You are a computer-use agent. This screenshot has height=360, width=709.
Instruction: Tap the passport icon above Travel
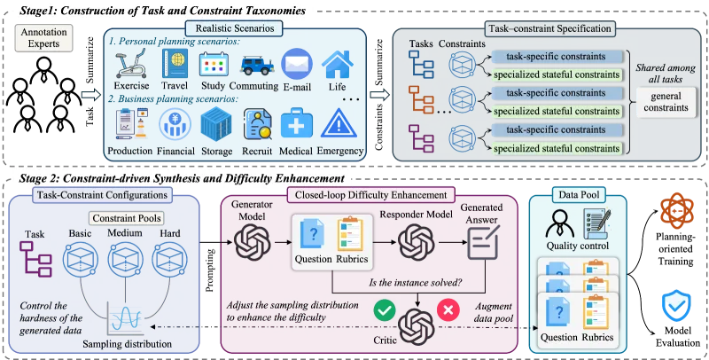pyautogui.click(x=175, y=63)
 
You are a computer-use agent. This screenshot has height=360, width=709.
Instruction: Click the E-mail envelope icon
pyautogui.click(x=297, y=63)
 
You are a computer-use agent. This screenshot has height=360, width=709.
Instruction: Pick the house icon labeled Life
pyautogui.click(x=338, y=64)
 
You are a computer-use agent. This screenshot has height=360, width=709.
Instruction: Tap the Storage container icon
pyautogui.click(x=216, y=123)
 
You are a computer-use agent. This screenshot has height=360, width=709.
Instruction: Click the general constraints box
pyautogui.click(x=666, y=102)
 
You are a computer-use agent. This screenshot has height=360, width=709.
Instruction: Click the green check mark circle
pyautogui.click(x=385, y=309)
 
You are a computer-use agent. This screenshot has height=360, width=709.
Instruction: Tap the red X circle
pyautogui.click(x=448, y=309)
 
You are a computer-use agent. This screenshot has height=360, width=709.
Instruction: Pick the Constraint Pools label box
pyautogui.click(x=126, y=219)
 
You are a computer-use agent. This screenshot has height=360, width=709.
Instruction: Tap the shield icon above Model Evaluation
pyautogui.click(x=676, y=306)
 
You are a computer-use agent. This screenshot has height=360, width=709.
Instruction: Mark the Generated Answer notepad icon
pyautogui.click(x=484, y=242)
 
